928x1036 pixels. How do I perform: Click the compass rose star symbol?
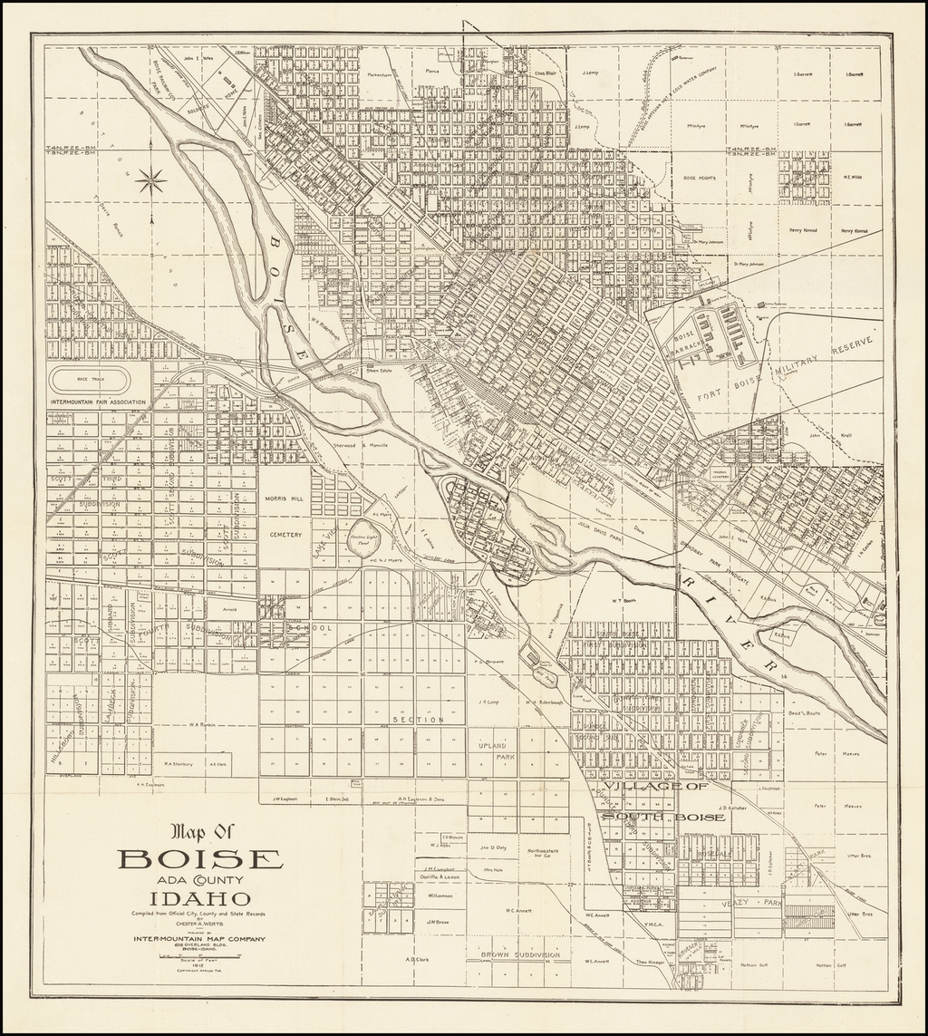pyautogui.click(x=151, y=180)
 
